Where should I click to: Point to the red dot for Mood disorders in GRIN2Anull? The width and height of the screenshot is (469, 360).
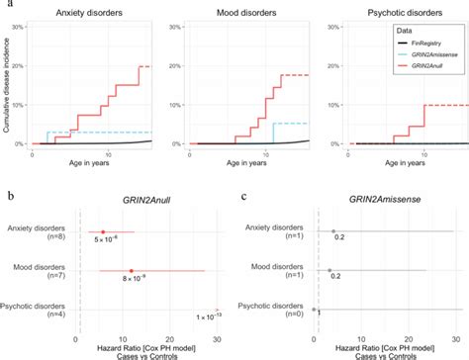click(131, 270)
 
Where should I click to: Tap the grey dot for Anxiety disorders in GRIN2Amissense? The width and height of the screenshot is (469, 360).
click(333, 231)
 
